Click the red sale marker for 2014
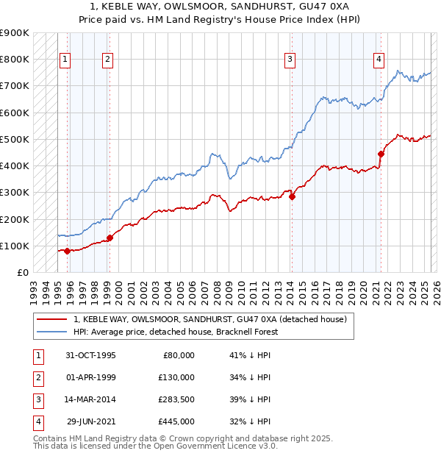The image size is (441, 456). click(292, 196)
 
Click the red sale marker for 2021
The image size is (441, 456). click(381, 154)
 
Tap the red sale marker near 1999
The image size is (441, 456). click(110, 238)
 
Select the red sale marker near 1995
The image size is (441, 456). click(67, 251)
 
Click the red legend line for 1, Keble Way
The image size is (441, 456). click(51, 319)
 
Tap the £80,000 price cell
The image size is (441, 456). click(177, 355)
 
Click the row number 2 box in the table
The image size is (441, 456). click(36, 378)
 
